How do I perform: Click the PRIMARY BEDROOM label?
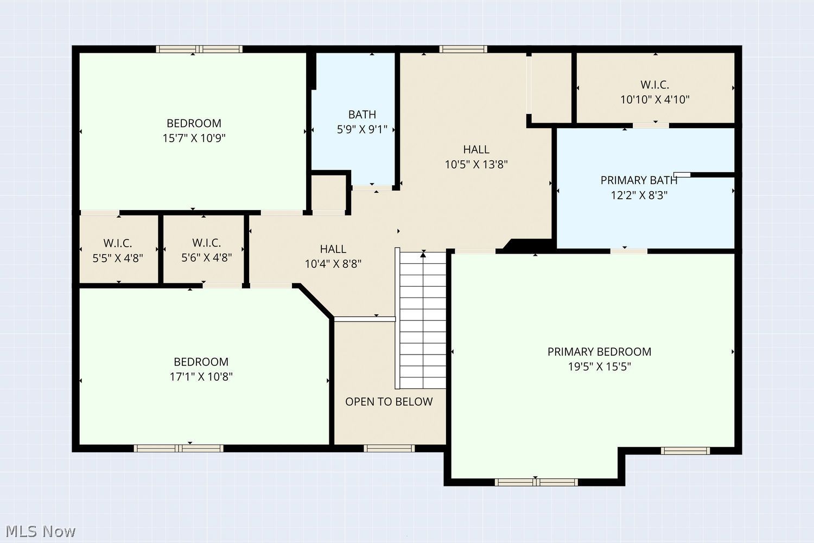click(599, 352)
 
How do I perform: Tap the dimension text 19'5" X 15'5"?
click(599, 367)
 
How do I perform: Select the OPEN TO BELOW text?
click(389, 401)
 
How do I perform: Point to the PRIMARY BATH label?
click(639, 180)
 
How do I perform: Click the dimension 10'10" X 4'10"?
click(655, 99)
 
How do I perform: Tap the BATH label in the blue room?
click(362, 115)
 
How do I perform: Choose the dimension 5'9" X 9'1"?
click(362, 129)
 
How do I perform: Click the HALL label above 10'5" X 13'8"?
click(476, 149)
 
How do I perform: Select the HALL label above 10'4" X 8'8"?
click(333, 249)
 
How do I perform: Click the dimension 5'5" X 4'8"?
click(118, 258)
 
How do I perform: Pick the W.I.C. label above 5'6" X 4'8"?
click(206, 243)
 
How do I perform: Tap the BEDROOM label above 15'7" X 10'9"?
click(194, 123)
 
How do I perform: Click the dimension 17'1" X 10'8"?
click(201, 377)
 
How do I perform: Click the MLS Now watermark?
click(40, 532)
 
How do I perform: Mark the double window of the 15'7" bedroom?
click(199, 49)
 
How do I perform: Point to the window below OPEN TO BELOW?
click(389, 448)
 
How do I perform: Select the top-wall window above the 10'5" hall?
click(463, 49)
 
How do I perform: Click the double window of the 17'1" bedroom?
click(179, 448)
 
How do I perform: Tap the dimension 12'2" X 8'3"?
click(639, 195)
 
